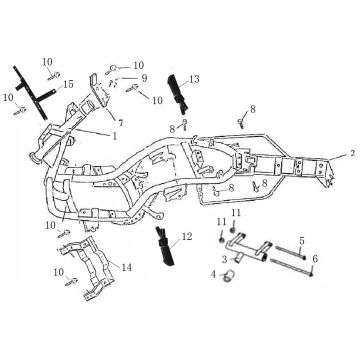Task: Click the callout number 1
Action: [x=114, y=133]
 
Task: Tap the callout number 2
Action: [x=351, y=156]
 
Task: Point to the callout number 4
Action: [x=213, y=273]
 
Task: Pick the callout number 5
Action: [x=301, y=244]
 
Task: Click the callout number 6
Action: [x=314, y=259]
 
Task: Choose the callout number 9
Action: [x=144, y=78]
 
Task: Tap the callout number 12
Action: [x=186, y=238]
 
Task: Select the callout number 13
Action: [x=194, y=79]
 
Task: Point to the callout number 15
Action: [x=68, y=86]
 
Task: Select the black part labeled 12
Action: [x=162, y=246]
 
